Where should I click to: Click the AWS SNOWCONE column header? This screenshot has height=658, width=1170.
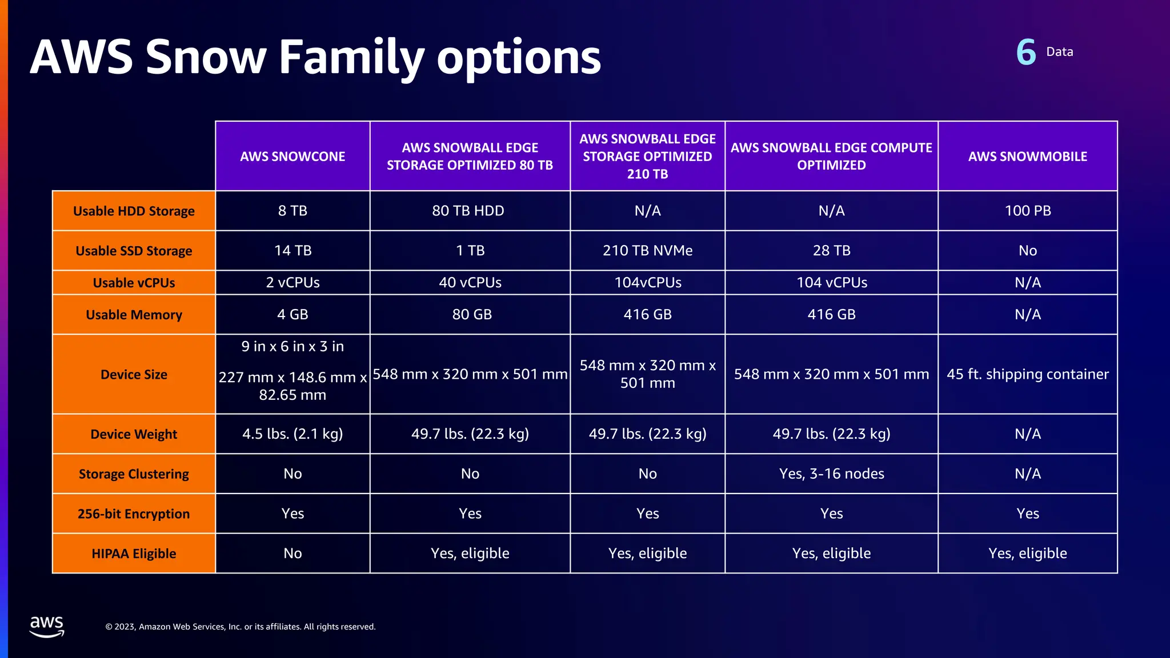(292, 156)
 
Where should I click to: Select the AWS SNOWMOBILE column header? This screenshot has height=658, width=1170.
(1027, 156)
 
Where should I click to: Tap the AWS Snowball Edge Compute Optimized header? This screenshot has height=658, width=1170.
(831, 156)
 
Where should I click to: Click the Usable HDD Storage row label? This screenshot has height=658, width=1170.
(134, 211)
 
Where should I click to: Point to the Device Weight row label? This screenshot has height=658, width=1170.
(134, 434)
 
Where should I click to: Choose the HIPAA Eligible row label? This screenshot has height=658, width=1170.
(134, 553)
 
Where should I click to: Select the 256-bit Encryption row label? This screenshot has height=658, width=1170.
(134, 513)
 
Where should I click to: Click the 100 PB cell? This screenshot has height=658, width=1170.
(1027, 211)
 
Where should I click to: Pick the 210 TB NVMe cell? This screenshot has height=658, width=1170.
(647, 251)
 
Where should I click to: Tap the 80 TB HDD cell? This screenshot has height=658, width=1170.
(468, 211)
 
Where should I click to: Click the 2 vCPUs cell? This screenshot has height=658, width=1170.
(292, 283)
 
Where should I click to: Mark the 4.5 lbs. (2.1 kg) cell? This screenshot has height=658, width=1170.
(292, 434)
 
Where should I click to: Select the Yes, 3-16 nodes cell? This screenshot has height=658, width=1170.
(831, 474)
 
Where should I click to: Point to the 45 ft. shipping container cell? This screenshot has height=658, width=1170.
(1027, 374)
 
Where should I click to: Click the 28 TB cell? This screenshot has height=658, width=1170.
(831, 251)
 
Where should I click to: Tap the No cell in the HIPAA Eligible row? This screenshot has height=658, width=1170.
(292, 553)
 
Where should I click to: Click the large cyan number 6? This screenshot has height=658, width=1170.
(1026, 53)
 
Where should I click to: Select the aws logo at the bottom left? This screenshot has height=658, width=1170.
(47, 626)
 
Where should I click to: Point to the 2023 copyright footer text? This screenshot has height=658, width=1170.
(241, 627)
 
